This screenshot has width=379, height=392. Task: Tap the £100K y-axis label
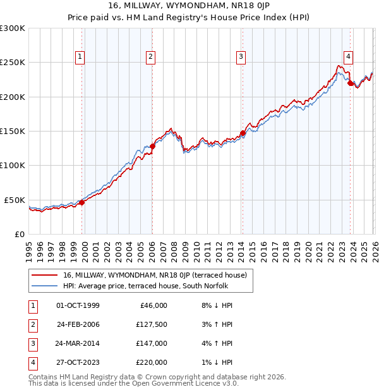coord(13,165)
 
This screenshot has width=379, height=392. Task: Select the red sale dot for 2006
coord(152,146)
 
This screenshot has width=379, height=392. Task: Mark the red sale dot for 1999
coord(81,202)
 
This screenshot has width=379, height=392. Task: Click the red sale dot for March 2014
coord(243,133)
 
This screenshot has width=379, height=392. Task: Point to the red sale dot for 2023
coord(351,83)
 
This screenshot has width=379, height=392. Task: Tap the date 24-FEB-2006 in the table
coord(78,324)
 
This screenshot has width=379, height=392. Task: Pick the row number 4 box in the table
coord(32,362)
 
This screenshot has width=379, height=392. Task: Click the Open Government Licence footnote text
coord(134,383)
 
